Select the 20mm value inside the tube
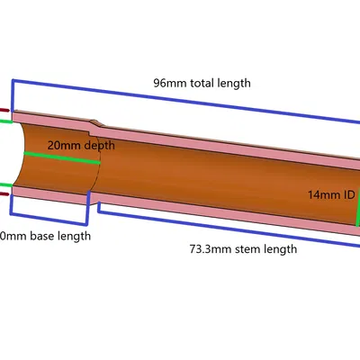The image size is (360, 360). (58, 144)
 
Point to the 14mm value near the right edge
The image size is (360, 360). (322, 194)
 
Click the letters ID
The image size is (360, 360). (349, 194)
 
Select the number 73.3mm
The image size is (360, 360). (208, 248)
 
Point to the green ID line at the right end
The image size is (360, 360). (357, 211)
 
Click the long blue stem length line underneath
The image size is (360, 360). (225, 223)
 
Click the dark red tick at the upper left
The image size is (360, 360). (4, 112)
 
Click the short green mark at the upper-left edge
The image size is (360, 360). (4, 120)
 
